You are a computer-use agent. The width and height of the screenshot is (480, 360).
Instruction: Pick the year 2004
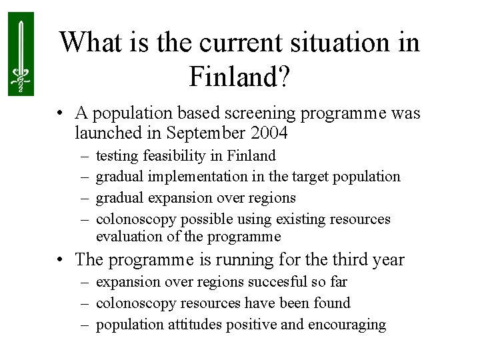[268, 133]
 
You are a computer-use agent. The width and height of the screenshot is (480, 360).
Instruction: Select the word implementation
[194, 177]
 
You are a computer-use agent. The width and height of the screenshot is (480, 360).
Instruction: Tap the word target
[311, 177]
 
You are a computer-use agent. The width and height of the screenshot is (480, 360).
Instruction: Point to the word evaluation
[126, 237]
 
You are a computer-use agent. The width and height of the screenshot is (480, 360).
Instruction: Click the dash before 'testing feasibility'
[86, 156]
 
